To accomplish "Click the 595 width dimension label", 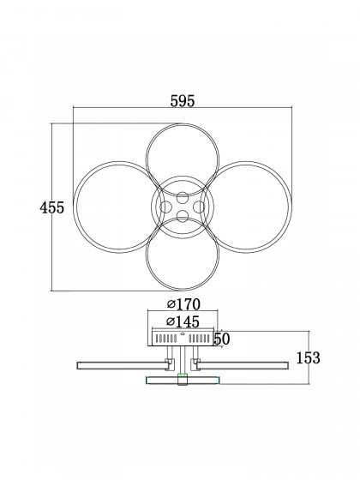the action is pos(182,101).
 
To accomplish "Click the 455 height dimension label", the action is pos(51,207).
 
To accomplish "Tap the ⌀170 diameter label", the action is pos(183,304).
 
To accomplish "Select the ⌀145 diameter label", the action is pos(183,321).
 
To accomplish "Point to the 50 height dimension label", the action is pos(222,339).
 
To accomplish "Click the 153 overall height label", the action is pos(308,358).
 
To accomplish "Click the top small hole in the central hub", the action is pos(183,197).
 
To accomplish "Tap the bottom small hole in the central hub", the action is pos(183,216).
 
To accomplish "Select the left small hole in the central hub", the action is pos(165,207).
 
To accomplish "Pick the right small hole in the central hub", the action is pos(199,207).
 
